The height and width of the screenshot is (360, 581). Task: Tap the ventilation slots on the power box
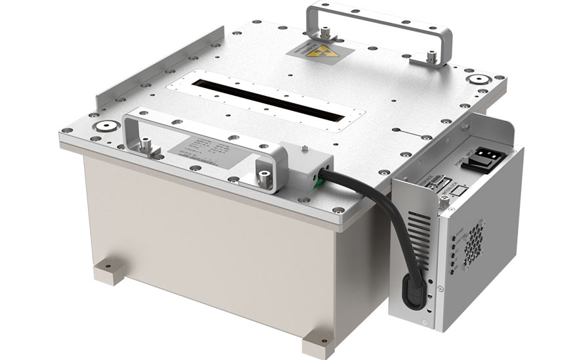[x=420, y=236]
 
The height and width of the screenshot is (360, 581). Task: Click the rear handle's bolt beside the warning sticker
[x=324, y=30]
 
